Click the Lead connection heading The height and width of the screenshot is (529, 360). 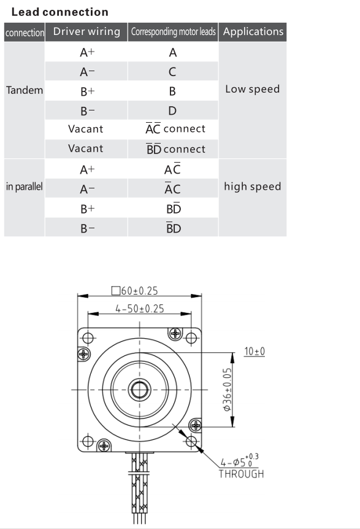(59, 12)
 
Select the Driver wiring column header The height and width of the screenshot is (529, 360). (86, 31)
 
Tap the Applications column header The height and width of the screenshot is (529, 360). (253, 31)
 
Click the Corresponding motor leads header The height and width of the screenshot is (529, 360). (174, 32)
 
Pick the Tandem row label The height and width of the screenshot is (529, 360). (25, 90)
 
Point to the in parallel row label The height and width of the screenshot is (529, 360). (25, 186)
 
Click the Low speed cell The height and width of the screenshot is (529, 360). (253, 89)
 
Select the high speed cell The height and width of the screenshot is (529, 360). (253, 186)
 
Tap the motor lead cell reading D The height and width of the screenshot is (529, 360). (172, 110)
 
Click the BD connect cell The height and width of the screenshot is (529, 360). (175, 149)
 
